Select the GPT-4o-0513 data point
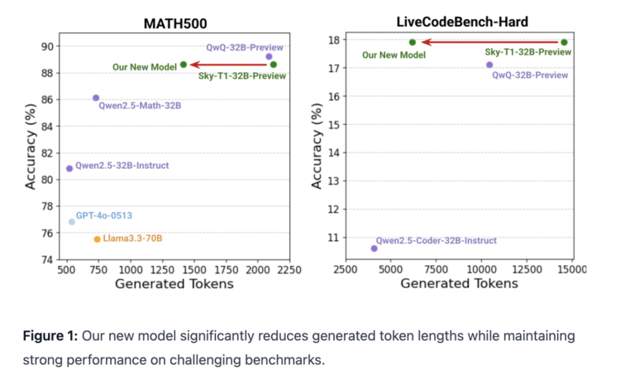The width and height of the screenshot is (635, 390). pyautogui.click(x=72, y=221)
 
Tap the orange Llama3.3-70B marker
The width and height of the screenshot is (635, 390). pyautogui.click(x=97, y=238)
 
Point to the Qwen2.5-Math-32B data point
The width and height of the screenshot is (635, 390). pyautogui.click(x=96, y=98)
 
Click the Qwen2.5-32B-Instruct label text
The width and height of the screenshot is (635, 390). pyautogui.click(x=122, y=166)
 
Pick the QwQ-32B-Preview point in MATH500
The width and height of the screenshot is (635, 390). pyautogui.click(x=269, y=56)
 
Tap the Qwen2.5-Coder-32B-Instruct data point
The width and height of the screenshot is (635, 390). pyautogui.click(x=374, y=248)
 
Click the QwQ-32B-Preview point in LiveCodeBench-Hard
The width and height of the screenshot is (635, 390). pyautogui.click(x=489, y=65)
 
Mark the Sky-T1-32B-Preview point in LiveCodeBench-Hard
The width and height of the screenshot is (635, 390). pyautogui.click(x=564, y=42)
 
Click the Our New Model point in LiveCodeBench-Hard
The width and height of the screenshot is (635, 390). pyautogui.click(x=413, y=42)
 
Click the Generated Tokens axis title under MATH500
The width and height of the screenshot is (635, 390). pyautogui.click(x=174, y=284)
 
